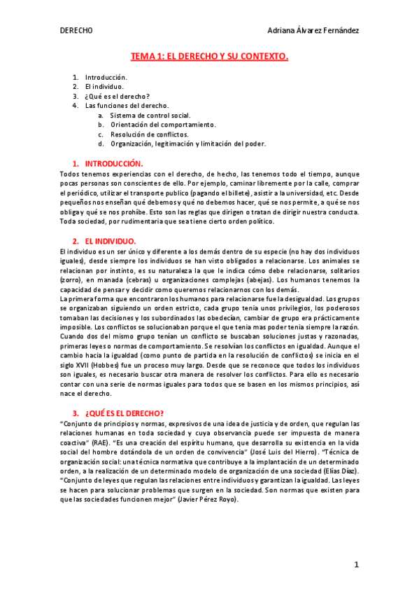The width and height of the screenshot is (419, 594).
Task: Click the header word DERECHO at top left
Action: (76, 31)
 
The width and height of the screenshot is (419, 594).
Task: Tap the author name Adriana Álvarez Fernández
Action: (313, 31)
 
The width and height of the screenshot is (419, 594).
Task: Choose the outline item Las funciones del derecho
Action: (127, 106)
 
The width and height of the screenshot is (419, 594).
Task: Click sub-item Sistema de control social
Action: (150, 115)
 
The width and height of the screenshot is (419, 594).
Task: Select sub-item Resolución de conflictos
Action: (150, 134)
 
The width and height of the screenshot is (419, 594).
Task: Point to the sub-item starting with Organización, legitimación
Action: (187, 144)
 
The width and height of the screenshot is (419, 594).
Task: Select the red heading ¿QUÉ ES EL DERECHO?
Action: (133, 413)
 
